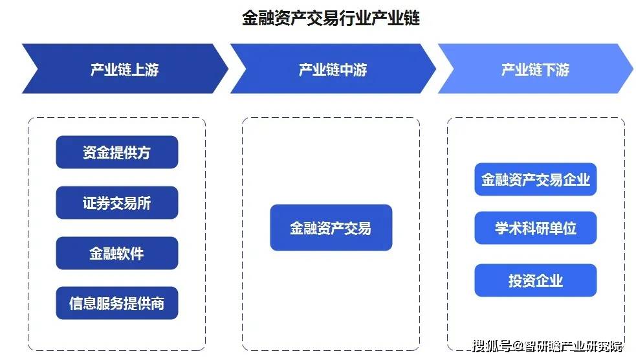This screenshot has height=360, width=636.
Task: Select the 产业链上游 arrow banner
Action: click(124, 69)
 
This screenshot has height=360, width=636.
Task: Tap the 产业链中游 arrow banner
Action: click(333, 69)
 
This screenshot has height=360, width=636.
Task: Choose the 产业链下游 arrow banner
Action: click(535, 69)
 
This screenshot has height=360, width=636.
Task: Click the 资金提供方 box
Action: click(116, 152)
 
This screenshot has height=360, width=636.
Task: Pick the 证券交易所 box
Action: click(116, 203)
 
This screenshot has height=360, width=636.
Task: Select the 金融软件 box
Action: click(116, 253)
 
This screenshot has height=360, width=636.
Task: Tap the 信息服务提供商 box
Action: click(116, 303)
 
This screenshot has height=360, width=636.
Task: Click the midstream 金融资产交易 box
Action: click(331, 228)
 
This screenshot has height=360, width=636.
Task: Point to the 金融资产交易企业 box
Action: click(535, 179)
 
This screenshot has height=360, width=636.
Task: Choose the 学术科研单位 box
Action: click(535, 228)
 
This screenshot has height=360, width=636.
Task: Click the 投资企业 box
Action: click(535, 280)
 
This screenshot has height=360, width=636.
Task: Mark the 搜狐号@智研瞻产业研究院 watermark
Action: click(547, 345)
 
